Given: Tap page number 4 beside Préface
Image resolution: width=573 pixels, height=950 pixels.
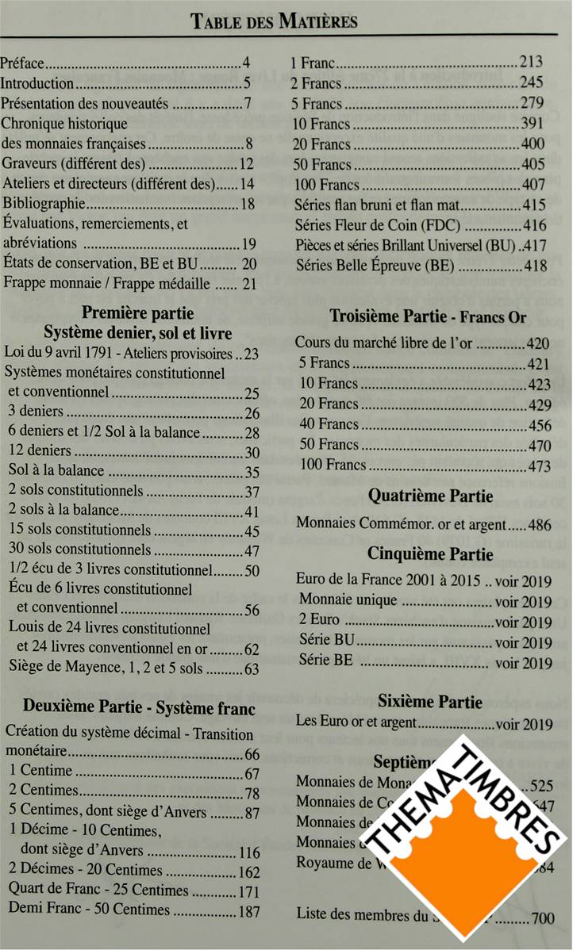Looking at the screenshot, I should point(247,63).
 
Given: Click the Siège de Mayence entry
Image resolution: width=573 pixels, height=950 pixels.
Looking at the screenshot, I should point(103,669).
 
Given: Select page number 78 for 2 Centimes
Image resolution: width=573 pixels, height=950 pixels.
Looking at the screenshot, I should point(252,792).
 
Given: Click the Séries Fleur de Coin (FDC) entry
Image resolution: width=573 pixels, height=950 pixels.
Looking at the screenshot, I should point(377,225).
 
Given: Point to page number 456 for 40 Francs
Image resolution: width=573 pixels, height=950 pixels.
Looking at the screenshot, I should point(540,425).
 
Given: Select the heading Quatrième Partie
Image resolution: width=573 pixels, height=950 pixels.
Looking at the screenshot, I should point(430,496).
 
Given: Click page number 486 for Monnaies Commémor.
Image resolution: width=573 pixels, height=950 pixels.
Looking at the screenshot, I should point(540,524).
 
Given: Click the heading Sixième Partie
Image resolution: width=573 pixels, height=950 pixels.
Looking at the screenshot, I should point(429,702).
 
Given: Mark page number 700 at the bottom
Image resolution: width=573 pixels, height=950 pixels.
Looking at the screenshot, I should point(543,919).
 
